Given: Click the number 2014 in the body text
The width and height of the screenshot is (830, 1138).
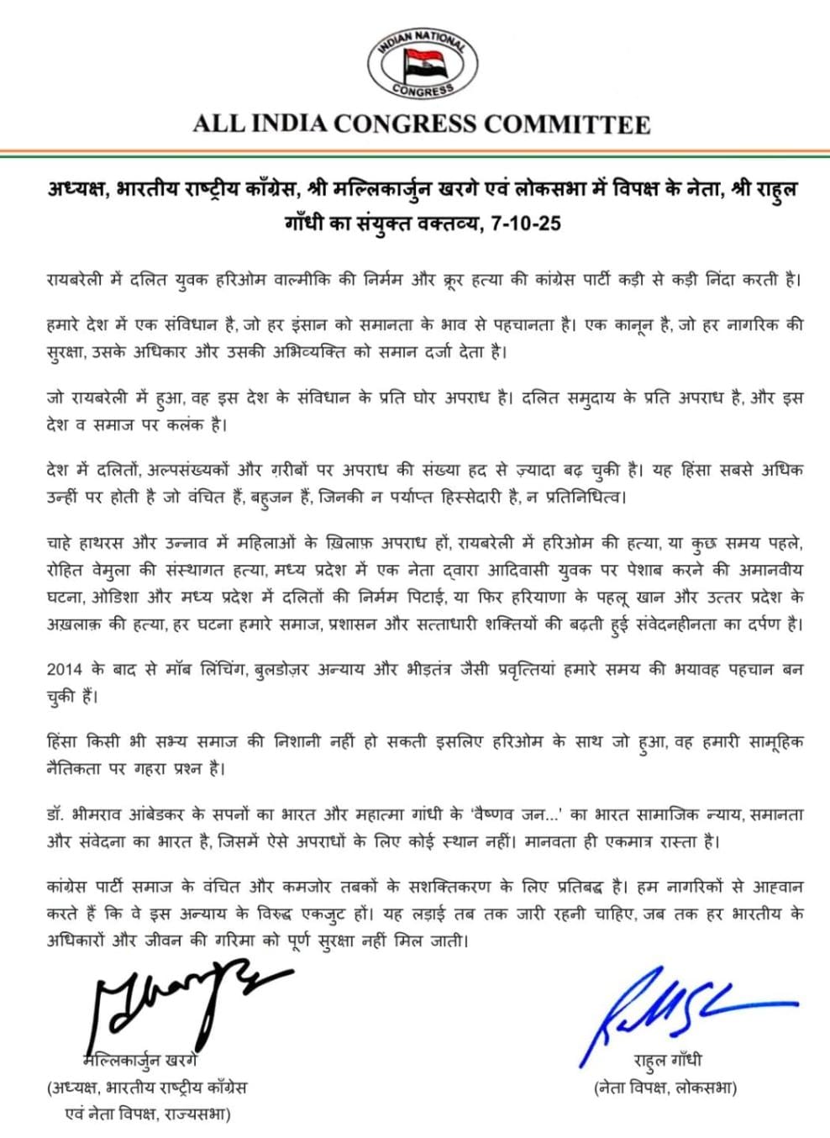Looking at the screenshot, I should [x=64, y=671].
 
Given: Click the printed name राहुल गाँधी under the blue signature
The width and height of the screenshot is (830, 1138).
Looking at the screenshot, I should [x=668, y=1062].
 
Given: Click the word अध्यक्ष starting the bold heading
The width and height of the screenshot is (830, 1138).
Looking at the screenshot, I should [x=78, y=190].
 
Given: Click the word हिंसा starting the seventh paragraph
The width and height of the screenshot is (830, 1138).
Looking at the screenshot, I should [x=63, y=743].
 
